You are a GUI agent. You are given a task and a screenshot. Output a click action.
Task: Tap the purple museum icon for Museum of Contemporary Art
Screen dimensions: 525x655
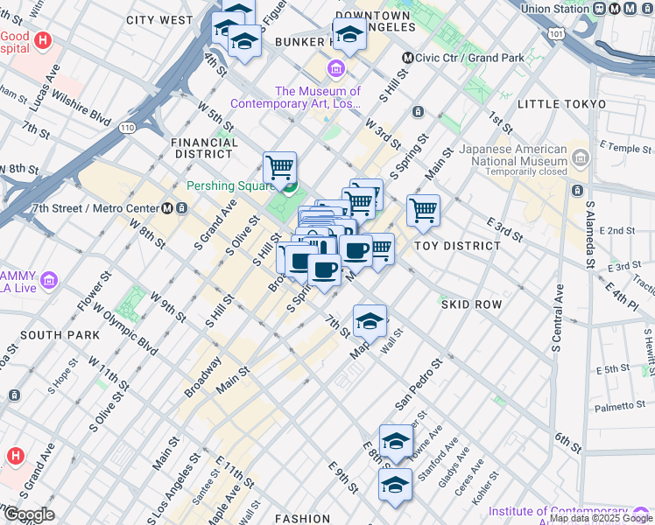(335, 69)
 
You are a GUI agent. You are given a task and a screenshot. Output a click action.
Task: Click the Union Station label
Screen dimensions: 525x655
(554, 9)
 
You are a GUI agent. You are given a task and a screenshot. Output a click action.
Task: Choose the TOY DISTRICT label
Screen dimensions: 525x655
(457, 246)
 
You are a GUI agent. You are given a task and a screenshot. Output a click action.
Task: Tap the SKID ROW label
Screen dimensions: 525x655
(471, 304)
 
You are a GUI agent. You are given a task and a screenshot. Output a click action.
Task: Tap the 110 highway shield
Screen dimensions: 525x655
(128, 128)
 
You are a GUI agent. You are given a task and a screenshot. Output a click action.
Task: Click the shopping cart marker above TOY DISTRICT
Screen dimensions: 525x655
(423, 210)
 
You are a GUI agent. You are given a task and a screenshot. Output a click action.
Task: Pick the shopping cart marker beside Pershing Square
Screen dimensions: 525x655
(279, 166)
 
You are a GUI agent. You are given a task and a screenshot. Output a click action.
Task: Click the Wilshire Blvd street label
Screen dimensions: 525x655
(87, 108)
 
